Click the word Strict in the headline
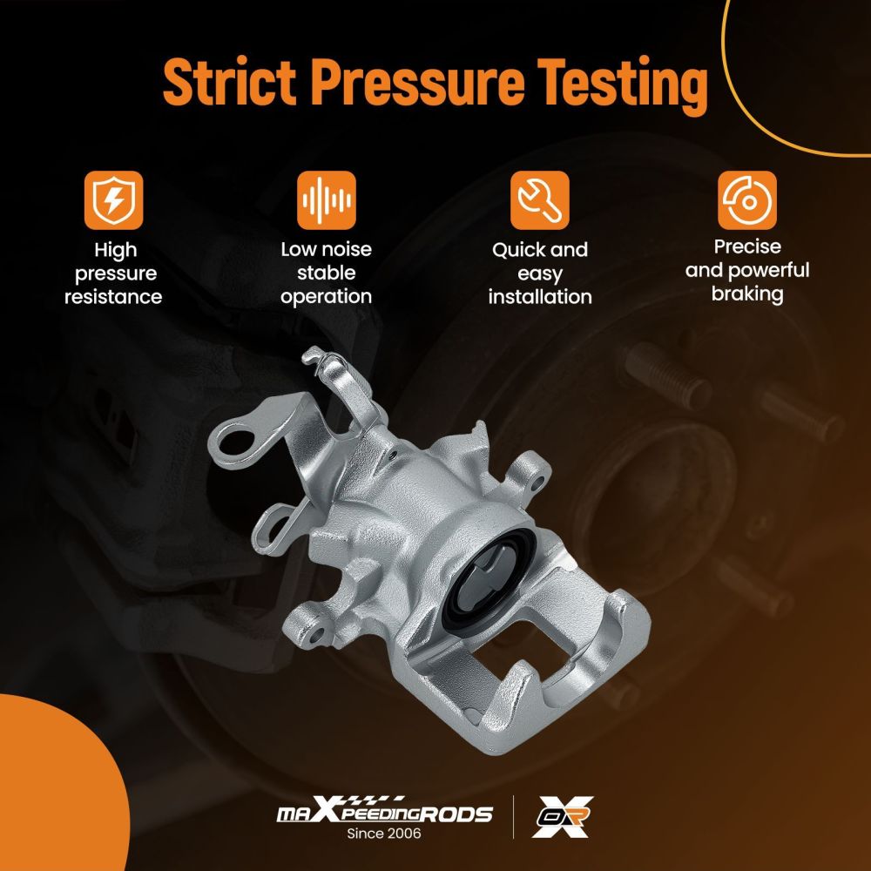230,82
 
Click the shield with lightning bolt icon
114,200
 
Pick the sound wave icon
327,200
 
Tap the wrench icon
540,200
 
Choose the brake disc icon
747,200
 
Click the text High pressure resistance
113,273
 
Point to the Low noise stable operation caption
326,273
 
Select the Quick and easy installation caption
540,273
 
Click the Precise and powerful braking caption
747,271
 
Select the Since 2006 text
384,834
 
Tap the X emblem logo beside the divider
562,816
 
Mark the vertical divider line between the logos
513,817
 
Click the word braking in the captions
747,294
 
